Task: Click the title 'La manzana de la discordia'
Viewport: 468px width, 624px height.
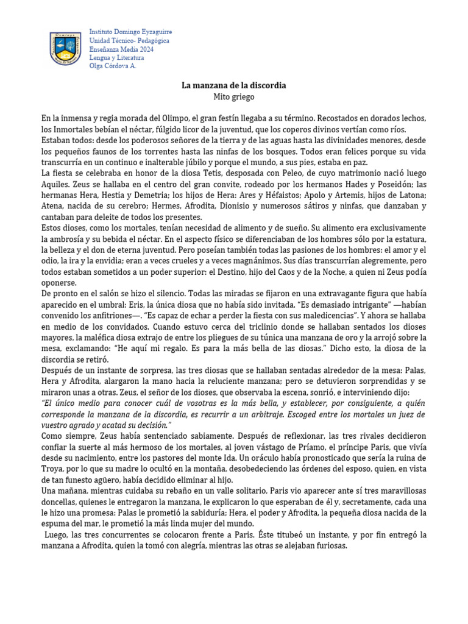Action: [234, 85]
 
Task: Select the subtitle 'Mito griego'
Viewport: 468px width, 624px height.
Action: [234, 96]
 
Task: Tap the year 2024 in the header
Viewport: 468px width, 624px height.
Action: [145, 49]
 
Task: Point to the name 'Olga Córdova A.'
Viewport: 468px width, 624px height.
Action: [113, 66]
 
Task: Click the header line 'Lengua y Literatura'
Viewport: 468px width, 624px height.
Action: [117, 57]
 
